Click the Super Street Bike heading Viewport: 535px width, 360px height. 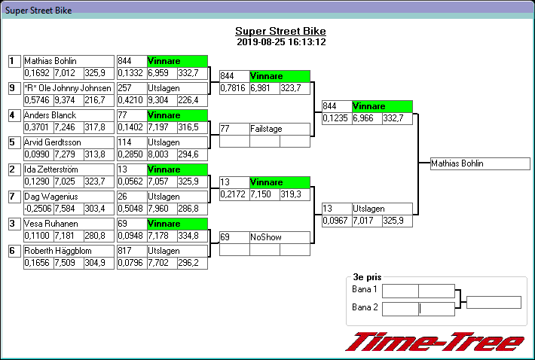click(x=280, y=31)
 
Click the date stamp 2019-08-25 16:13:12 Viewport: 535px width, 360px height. click(x=280, y=42)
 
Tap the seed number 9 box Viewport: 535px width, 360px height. click(x=13, y=89)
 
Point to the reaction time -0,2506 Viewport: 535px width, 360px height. click(x=38, y=208)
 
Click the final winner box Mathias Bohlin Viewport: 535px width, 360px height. click(x=480, y=163)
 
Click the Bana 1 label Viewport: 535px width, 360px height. click(x=365, y=290)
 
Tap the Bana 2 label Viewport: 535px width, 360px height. click(x=365, y=307)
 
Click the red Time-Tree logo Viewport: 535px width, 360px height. click(x=434, y=341)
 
